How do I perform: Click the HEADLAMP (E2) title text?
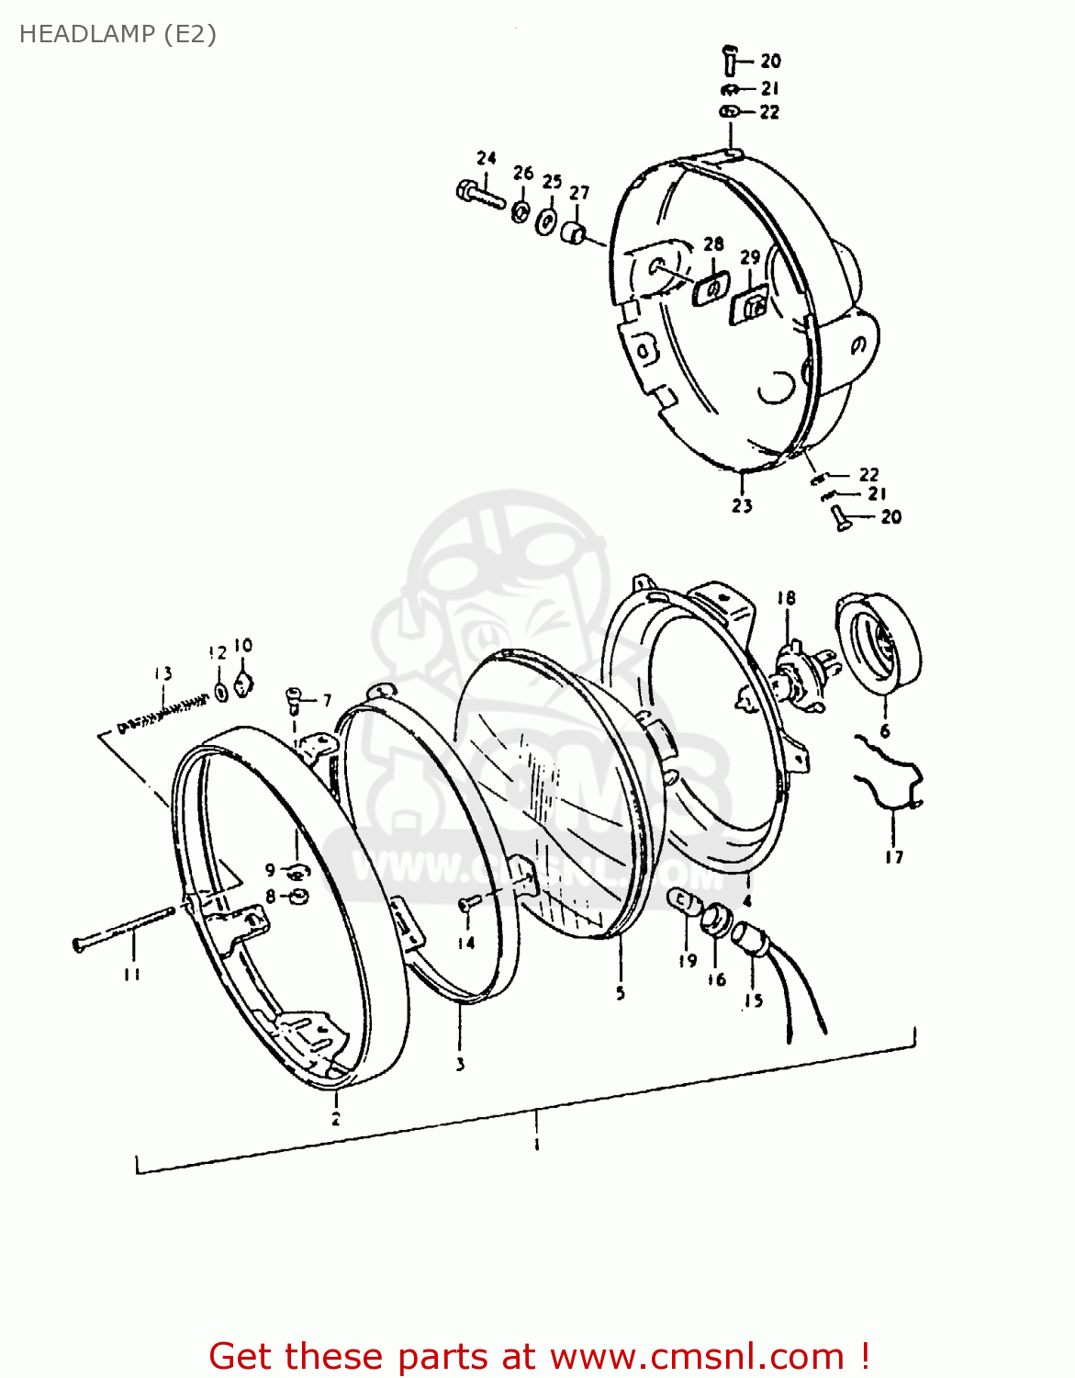click(118, 34)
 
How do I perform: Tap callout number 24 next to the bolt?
click(487, 158)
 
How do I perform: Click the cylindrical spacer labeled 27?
click(575, 233)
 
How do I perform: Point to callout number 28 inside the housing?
click(713, 243)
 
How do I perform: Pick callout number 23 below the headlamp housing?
click(742, 505)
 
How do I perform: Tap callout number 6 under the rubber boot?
click(885, 731)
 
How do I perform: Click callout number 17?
click(894, 857)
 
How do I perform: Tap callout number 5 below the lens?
click(621, 993)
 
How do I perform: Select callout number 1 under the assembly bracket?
click(537, 1145)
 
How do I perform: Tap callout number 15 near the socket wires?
click(753, 1000)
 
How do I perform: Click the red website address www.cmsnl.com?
click(698, 1356)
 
